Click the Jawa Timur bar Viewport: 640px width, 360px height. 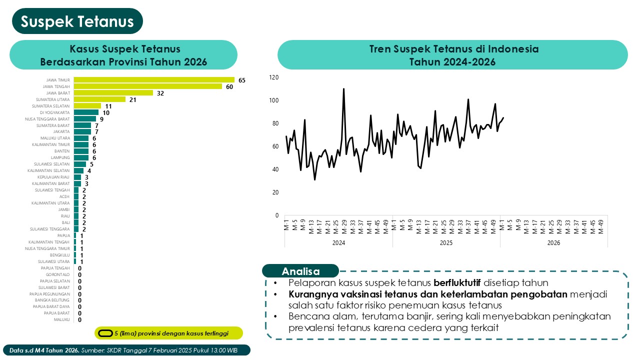(x=154, y=79)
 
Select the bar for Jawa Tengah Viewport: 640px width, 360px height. (x=147, y=86)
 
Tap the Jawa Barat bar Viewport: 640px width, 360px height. (x=113, y=92)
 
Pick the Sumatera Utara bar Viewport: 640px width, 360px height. (x=99, y=99)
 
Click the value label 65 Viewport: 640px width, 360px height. (x=242, y=80)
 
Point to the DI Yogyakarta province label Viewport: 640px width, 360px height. (x=55, y=112)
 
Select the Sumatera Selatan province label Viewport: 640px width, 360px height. (x=51, y=106)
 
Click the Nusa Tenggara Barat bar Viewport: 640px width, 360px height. (x=84, y=119)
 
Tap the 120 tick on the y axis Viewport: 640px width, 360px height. (x=273, y=77)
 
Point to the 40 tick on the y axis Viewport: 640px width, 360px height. (x=274, y=169)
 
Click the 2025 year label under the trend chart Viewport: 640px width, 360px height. (x=446, y=243)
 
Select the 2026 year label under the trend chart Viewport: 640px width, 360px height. (x=553, y=243)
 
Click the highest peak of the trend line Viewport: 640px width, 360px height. (x=343, y=89)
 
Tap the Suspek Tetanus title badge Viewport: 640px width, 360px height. (x=77, y=21)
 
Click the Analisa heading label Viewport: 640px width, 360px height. (x=300, y=271)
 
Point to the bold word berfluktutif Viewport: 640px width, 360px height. (x=460, y=282)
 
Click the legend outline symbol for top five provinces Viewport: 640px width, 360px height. (x=105, y=333)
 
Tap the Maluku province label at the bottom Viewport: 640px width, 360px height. (x=61, y=319)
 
